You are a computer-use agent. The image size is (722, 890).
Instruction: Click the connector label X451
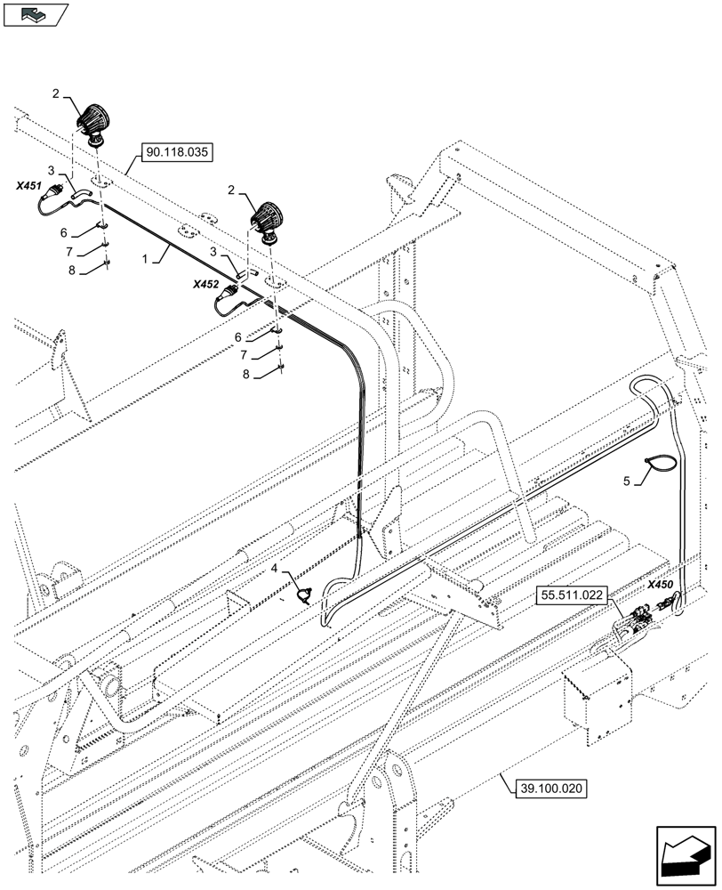(28, 185)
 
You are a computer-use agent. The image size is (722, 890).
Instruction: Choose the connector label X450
(660, 585)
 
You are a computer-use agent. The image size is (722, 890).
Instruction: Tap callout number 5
(628, 481)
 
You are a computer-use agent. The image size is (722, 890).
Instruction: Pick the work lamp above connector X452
(268, 222)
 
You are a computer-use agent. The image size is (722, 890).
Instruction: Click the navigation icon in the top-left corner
(36, 13)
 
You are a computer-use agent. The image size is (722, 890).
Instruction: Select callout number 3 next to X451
(52, 170)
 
